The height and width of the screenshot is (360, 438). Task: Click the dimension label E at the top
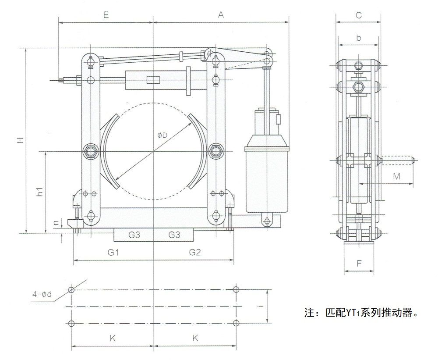tap(106, 14)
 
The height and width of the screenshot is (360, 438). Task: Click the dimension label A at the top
tap(221, 14)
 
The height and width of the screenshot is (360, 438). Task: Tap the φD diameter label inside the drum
tap(162, 135)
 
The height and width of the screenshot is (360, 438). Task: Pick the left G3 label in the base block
tap(134, 235)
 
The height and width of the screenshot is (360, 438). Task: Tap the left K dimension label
tap(113, 338)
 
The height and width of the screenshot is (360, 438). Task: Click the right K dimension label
tap(195, 338)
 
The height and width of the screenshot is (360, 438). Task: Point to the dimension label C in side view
tap(358, 15)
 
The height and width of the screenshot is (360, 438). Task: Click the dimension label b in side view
tap(358, 38)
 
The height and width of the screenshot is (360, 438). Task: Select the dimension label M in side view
tap(396, 177)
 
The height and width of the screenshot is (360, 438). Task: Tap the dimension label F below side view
tap(359, 264)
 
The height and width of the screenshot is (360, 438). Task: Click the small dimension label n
tap(56, 222)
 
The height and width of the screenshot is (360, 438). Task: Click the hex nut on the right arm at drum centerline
tap(215, 152)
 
